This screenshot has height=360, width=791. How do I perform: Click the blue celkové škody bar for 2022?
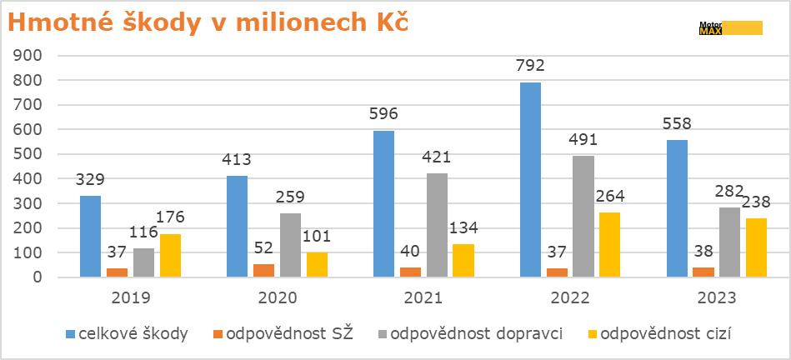point(531,179)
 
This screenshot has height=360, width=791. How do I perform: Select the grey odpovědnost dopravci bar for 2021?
point(437,225)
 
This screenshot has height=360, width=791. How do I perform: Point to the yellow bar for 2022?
point(610,244)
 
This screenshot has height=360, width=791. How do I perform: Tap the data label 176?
point(170,217)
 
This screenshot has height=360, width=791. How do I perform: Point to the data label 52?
point(263,247)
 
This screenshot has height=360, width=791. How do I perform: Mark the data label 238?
point(757,202)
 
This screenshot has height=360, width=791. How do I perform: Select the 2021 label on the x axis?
point(423,297)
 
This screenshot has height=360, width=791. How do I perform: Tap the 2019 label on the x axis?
point(130,297)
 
